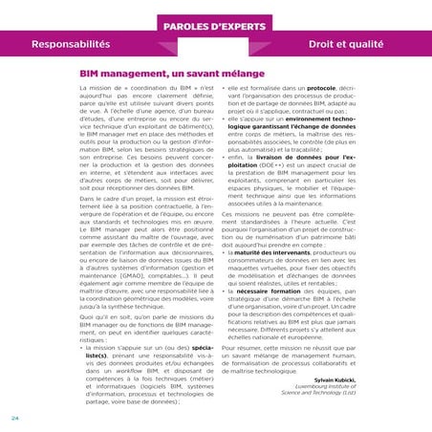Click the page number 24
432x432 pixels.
point(15,419)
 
